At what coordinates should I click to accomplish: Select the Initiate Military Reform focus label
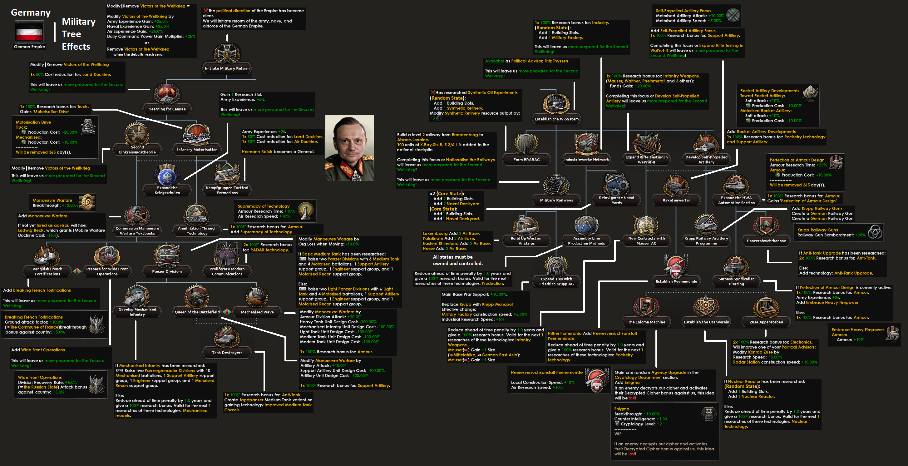click(227, 68)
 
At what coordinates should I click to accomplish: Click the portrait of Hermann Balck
click(349, 148)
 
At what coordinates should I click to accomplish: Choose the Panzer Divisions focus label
click(167, 271)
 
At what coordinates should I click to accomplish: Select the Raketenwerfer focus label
click(676, 200)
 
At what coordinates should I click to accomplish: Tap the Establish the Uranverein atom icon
click(706, 306)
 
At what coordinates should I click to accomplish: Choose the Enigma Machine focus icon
click(646, 306)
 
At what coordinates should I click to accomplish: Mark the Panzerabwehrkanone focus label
click(766, 241)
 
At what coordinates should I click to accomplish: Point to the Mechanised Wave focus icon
click(257, 296)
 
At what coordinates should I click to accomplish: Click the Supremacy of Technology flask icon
click(305, 211)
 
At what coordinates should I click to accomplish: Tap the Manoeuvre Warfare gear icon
click(87, 202)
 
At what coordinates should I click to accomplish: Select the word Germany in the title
click(31, 13)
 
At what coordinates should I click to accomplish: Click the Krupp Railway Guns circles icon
click(874, 232)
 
